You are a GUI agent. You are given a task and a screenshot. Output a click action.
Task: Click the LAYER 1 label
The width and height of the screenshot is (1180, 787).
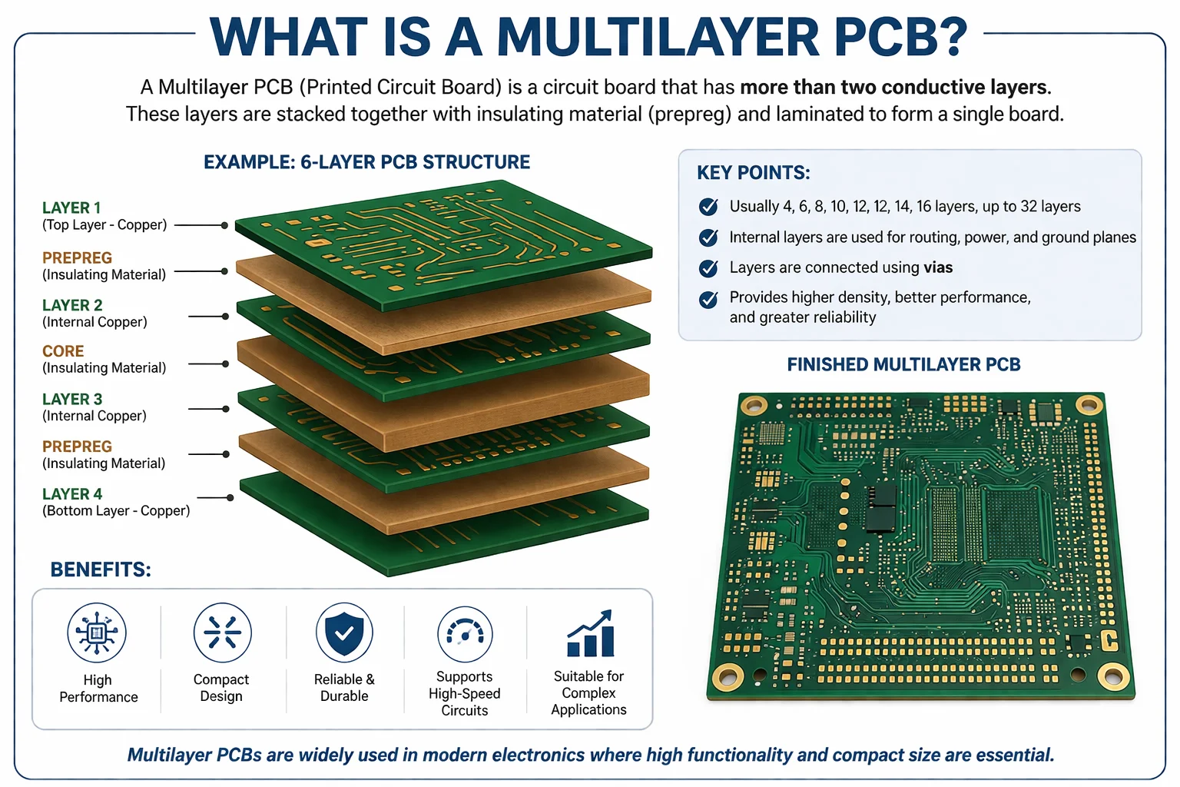(x=71, y=208)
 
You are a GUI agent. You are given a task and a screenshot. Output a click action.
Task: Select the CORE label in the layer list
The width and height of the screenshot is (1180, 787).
(x=63, y=351)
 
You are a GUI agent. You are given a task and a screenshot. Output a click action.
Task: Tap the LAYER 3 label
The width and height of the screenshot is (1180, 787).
(x=72, y=400)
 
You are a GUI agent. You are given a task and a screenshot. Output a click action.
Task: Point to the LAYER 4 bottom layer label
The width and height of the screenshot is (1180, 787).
(x=72, y=494)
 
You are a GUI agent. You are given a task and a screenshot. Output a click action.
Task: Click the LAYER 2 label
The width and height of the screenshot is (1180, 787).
(x=72, y=306)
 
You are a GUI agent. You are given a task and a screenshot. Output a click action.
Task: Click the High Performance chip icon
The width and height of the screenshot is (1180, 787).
(x=97, y=633)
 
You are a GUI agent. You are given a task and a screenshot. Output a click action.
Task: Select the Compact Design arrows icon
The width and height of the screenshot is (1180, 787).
(x=222, y=633)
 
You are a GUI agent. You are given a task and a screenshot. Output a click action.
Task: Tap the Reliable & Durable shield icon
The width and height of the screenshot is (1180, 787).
(x=344, y=633)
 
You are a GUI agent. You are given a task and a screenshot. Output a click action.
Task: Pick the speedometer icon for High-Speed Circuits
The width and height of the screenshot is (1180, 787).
(x=465, y=634)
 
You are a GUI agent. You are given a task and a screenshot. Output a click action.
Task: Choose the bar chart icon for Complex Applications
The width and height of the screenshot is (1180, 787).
(x=590, y=634)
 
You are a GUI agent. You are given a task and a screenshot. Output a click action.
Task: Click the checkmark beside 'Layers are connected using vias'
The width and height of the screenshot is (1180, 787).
(x=708, y=268)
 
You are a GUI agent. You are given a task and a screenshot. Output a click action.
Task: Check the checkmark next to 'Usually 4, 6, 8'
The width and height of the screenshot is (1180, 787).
(x=708, y=207)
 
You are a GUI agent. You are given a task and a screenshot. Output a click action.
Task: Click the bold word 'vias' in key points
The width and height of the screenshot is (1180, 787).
(x=938, y=267)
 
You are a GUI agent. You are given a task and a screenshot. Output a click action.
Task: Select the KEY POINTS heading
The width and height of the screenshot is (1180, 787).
(x=753, y=173)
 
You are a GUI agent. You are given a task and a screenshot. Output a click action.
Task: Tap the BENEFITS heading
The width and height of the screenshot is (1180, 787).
(x=101, y=569)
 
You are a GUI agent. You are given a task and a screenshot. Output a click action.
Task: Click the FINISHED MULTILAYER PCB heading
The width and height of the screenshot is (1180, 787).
(x=903, y=364)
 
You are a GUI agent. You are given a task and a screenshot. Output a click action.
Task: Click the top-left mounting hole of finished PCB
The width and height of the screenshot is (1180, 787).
(x=753, y=405)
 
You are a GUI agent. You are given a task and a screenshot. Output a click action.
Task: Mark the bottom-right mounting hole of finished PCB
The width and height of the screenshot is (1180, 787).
(x=1112, y=676)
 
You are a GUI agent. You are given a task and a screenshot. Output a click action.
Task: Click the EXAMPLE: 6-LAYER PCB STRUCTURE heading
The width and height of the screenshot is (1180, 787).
(x=366, y=162)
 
